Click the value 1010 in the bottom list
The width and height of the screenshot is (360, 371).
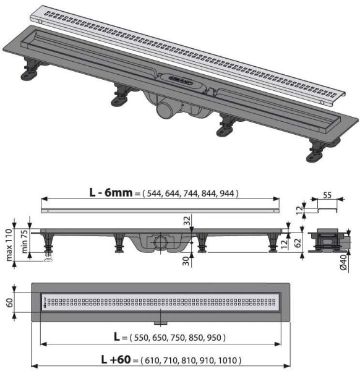(228, 360)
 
